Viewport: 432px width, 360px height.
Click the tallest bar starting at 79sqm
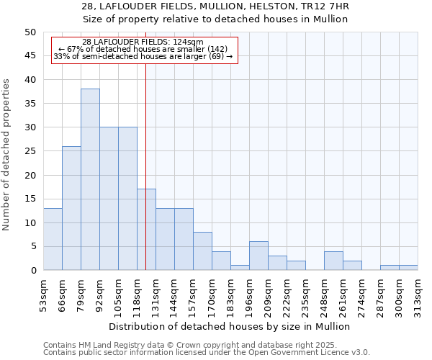tap(90, 179)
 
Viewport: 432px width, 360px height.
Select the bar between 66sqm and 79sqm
tap(71, 208)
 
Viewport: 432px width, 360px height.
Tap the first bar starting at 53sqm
tap(53, 239)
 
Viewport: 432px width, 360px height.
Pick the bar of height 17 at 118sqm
tap(146, 230)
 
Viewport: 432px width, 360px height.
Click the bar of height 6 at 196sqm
tap(258, 256)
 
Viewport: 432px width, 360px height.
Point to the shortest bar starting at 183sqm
tap(240, 268)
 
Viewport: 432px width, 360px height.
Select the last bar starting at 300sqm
tap(408, 268)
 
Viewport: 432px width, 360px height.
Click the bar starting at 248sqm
tap(333, 261)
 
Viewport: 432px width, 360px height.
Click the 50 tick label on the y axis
tap(30, 32)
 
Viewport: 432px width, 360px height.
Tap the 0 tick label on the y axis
tap(32, 270)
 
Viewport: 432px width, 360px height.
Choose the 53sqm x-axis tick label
tap(43, 294)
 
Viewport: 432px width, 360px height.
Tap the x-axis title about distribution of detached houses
tap(230, 326)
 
